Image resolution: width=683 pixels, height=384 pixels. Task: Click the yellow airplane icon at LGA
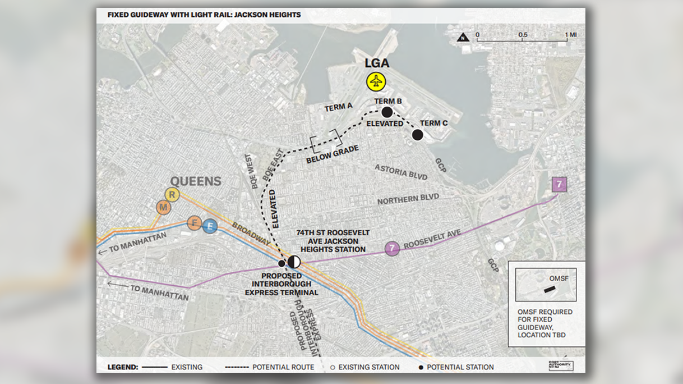click(376, 81)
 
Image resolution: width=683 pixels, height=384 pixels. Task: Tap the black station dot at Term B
click(387, 112)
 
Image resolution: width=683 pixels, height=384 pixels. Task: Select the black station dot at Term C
click(417, 135)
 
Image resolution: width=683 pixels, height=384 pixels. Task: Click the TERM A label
click(338, 107)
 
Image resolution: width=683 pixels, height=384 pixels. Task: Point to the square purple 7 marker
click(559, 184)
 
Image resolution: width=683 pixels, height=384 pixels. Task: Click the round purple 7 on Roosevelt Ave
click(392, 248)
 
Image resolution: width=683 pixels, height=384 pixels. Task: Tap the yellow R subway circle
click(172, 195)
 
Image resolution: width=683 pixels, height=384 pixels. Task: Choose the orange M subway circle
click(164, 208)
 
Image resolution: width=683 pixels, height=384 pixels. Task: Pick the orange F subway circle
click(194, 223)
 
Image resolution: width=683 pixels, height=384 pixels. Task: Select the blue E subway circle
click(209, 226)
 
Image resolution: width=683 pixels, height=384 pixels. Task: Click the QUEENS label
click(196, 181)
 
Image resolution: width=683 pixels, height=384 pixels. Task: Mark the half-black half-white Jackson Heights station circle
click(294, 262)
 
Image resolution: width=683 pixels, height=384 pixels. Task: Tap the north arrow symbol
click(463, 38)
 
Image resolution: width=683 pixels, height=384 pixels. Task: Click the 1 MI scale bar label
click(570, 35)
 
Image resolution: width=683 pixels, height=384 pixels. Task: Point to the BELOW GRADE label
click(327, 156)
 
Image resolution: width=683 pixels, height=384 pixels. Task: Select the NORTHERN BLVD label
click(408, 199)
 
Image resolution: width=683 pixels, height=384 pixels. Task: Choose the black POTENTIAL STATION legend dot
click(420, 367)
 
